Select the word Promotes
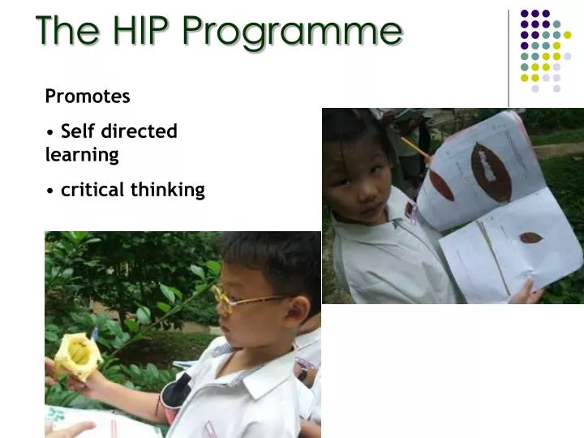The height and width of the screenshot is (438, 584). pyautogui.click(x=88, y=97)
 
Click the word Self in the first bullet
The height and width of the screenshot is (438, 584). pyautogui.click(x=78, y=131)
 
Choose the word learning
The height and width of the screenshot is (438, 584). pyautogui.click(x=82, y=154)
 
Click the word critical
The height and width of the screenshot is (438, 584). pyautogui.click(x=93, y=190)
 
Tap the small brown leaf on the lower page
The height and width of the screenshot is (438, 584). pyautogui.click(x=530, y=238)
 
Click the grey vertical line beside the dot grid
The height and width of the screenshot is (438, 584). pyautogui.click(x=509, y=57)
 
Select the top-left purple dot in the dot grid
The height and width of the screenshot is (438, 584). pyautogui.click(x=524, y=14)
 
